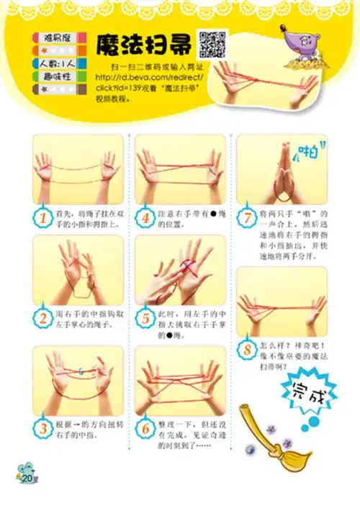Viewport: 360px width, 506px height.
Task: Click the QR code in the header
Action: tap(212, 45)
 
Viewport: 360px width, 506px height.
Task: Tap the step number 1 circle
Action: tap(45, 216)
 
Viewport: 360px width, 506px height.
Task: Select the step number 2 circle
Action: tap(45, 316)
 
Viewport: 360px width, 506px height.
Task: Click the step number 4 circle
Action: tap(146, 216)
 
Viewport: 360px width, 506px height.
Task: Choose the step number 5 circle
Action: tap(146, 317)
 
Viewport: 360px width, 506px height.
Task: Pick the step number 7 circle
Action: tap(248, 216)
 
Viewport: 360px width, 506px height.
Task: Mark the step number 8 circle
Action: tap(248, 349)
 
